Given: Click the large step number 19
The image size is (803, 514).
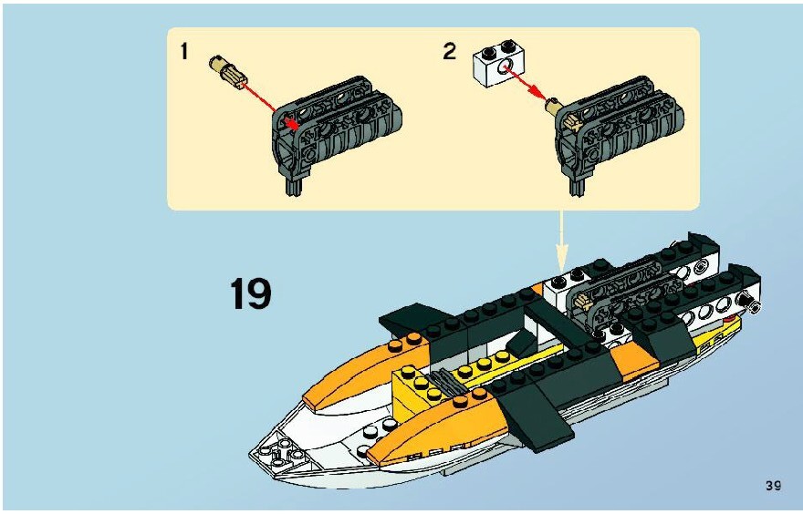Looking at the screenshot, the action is [250, 293].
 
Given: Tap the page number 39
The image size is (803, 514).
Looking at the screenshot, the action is [773, 486].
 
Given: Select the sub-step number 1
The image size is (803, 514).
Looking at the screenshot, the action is [183, 52].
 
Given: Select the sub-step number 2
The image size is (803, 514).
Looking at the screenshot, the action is [449, 52].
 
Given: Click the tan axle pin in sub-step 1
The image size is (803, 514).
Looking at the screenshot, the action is [229, 73].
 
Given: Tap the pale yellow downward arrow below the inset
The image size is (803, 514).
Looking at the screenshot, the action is [562, 241].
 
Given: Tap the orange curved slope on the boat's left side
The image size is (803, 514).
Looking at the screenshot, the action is [366, 371].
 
